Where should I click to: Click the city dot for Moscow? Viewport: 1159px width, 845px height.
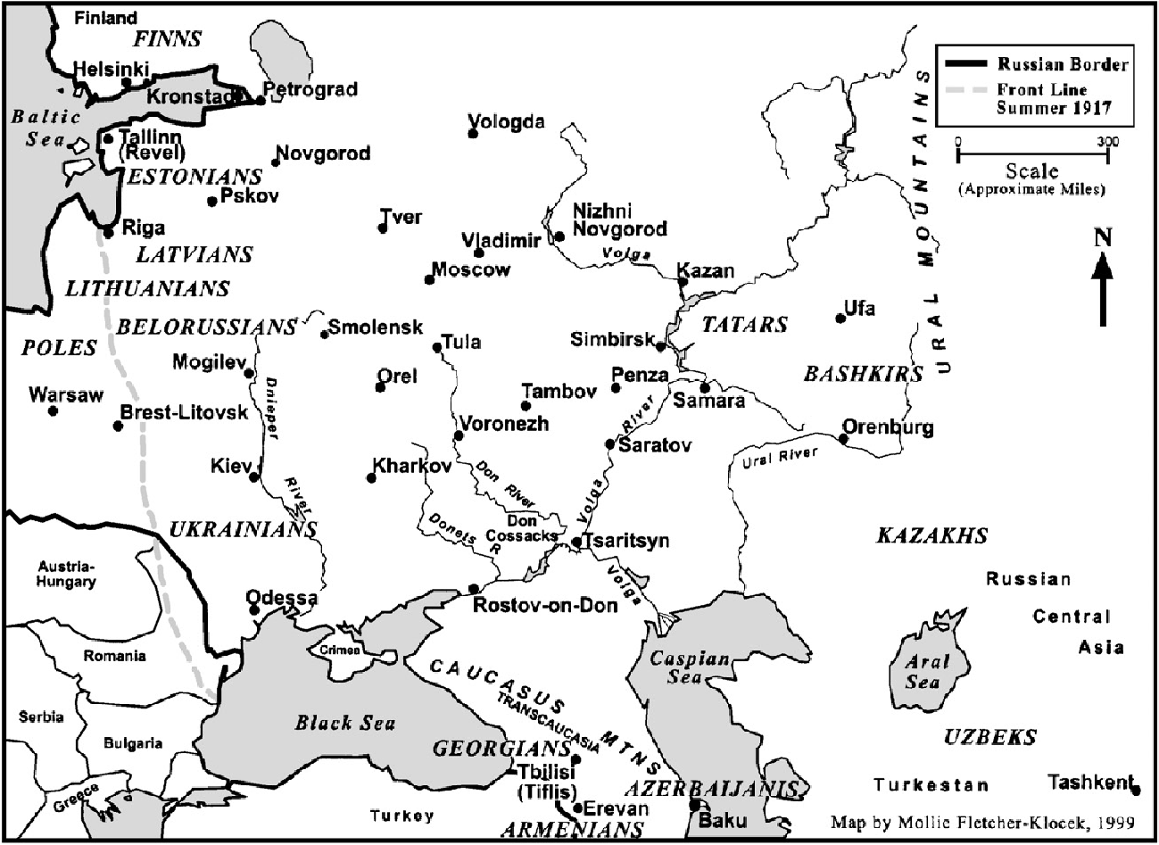tap(429, 279)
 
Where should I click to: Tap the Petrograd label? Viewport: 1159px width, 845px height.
tap(310, 89)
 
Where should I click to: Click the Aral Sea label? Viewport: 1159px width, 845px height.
tap(923, 672)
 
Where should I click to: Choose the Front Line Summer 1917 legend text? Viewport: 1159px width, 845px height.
tap(1054, 99)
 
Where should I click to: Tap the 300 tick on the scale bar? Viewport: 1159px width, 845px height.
tap(1107, 153)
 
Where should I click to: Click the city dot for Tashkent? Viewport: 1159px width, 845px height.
tap(1135, 790)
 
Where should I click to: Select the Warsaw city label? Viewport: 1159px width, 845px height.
tap(66, 394)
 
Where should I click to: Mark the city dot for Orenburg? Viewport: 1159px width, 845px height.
tap(843, 438)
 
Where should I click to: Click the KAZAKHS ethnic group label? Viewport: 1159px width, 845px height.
tap(931, 535)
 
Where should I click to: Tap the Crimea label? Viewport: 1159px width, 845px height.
tap(341, 650)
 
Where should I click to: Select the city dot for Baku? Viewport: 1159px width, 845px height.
tap(694, 805)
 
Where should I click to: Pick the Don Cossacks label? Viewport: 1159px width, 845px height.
tap(522, 527)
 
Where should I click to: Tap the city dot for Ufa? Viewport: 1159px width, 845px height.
tap(840, 318)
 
